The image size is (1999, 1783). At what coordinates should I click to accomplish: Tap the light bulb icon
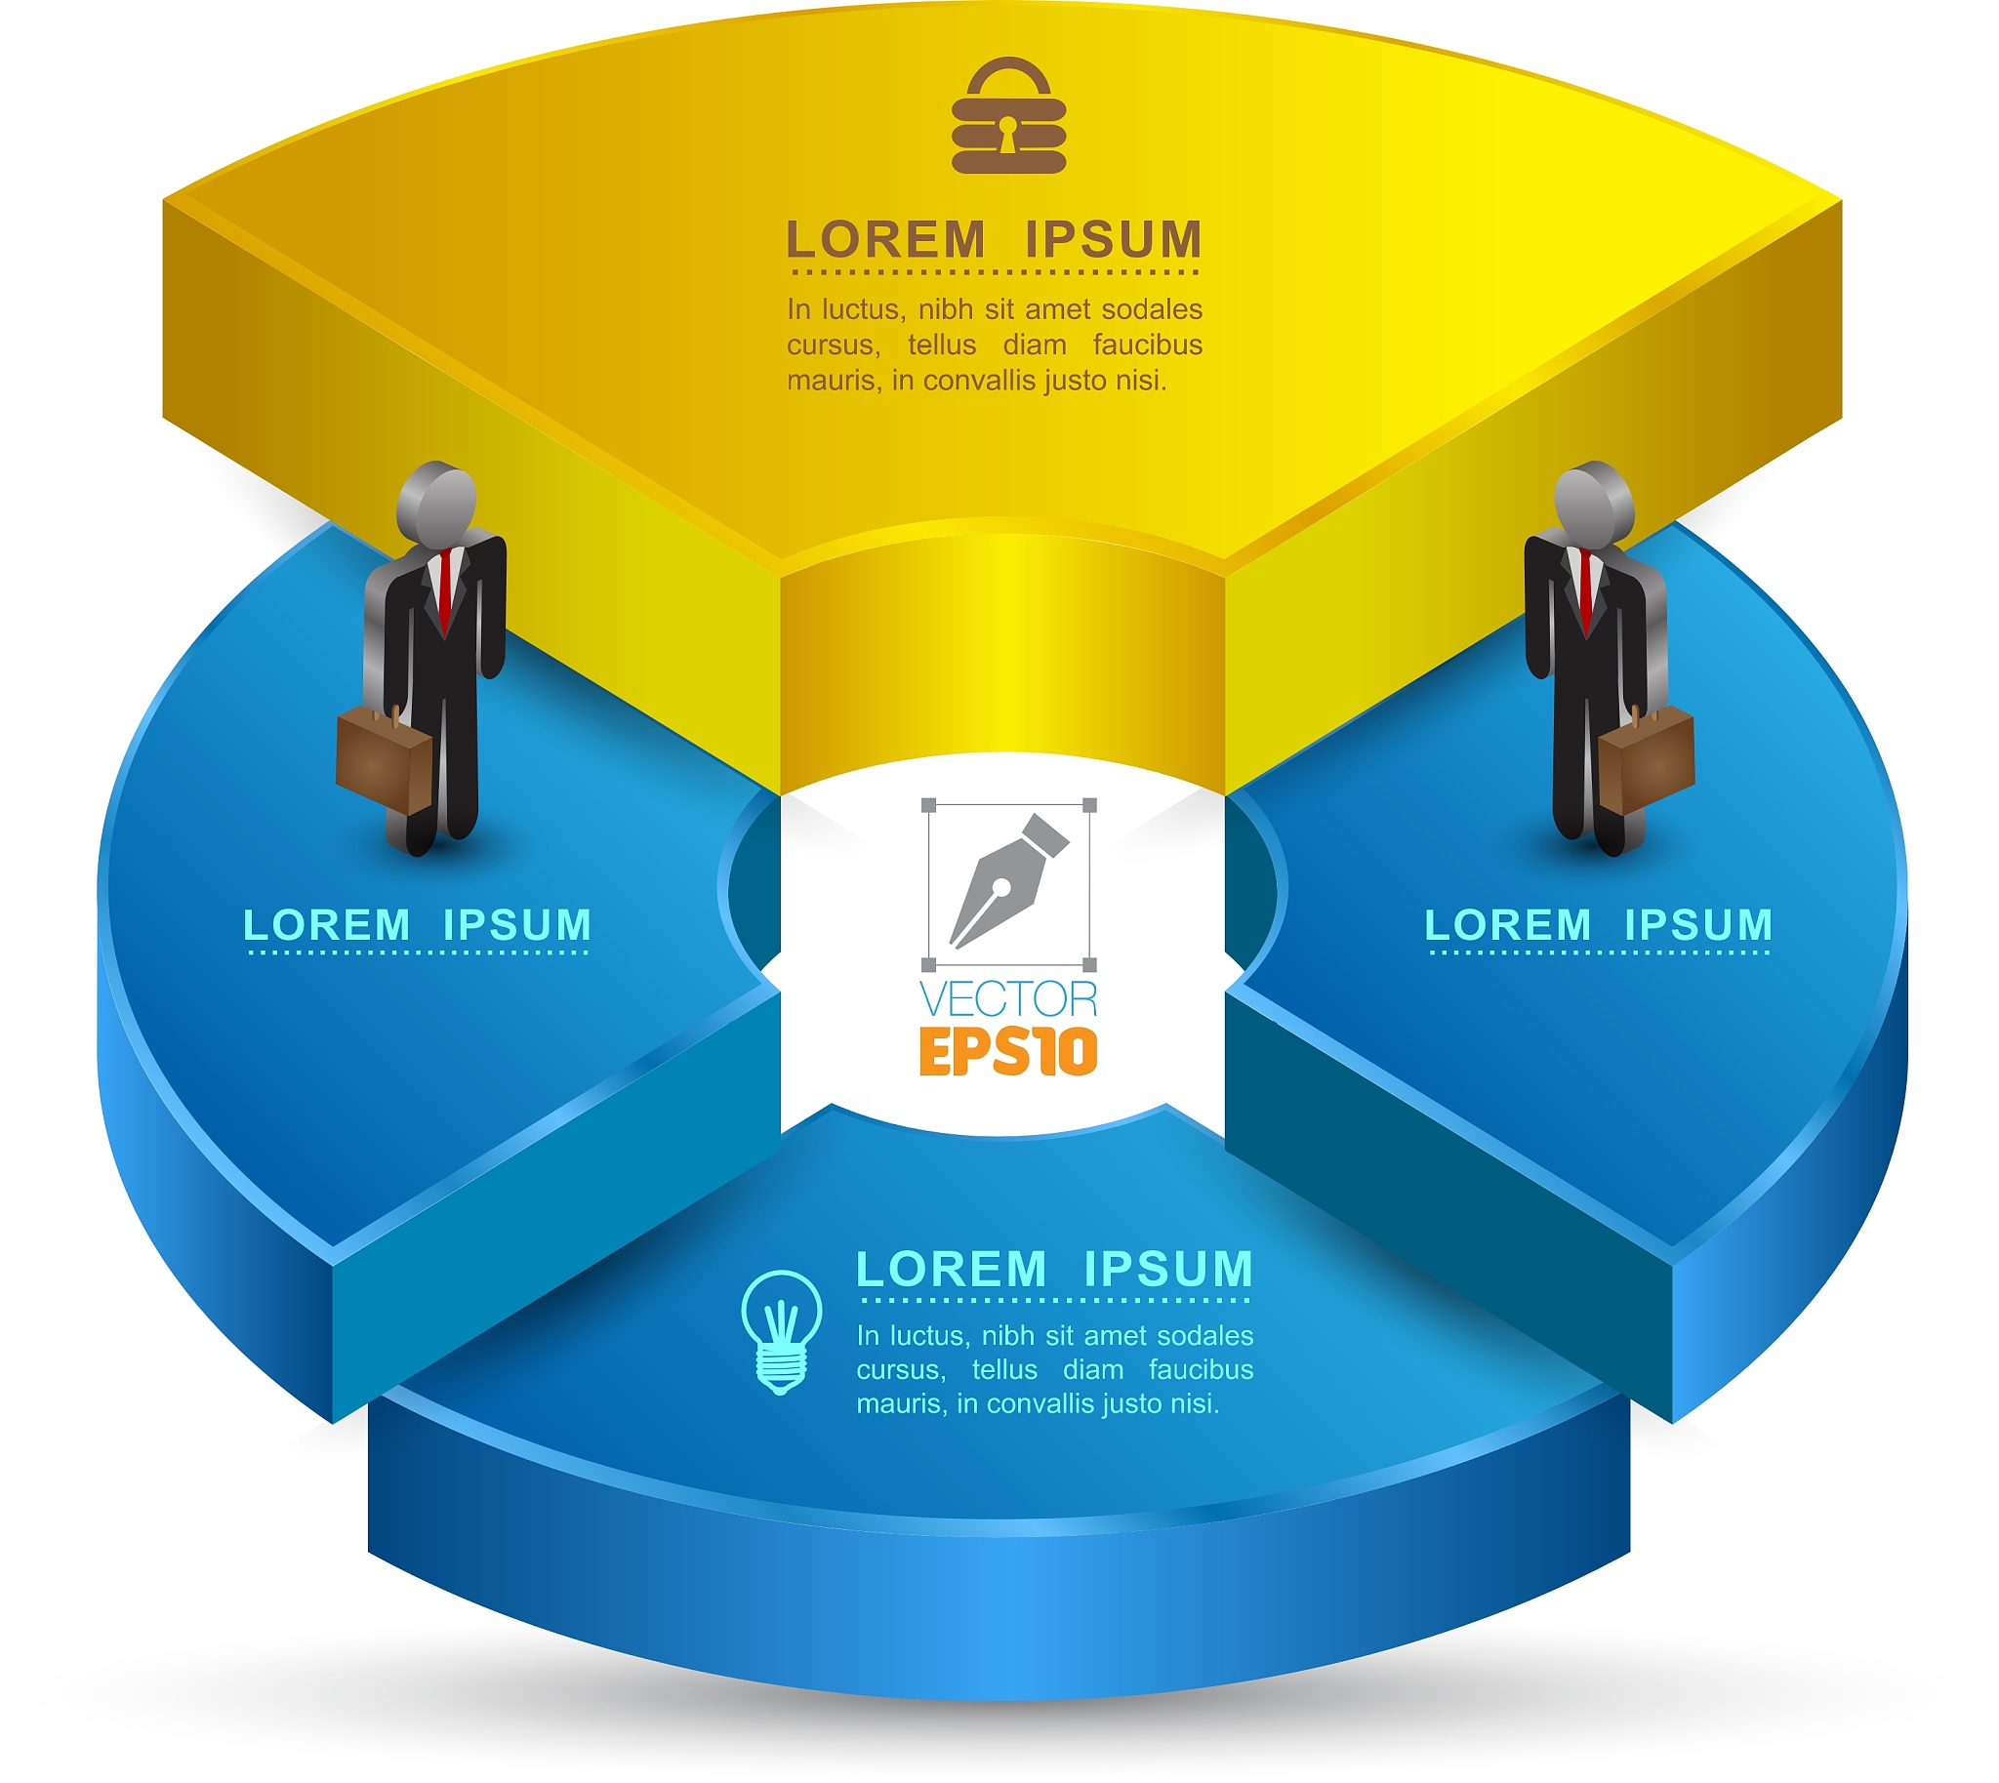781,1331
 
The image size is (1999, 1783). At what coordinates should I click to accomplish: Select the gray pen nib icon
1007,881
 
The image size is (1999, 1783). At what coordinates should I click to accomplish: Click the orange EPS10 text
1008,1052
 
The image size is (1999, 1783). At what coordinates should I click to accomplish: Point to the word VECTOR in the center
1008,999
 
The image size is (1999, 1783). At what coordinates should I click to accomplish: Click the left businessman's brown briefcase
385,758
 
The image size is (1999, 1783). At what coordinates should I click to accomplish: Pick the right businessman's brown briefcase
1646,758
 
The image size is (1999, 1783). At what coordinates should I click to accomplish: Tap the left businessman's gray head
438,502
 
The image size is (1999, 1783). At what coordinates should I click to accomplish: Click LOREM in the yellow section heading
886,240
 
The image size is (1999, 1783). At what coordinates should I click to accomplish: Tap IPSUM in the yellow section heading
1113,240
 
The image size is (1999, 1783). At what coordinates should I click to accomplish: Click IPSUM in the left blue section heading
517,925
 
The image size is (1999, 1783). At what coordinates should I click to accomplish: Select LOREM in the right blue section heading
1508,925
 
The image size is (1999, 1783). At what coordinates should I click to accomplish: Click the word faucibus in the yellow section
1148,344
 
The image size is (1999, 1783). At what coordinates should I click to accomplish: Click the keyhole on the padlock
1007,135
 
